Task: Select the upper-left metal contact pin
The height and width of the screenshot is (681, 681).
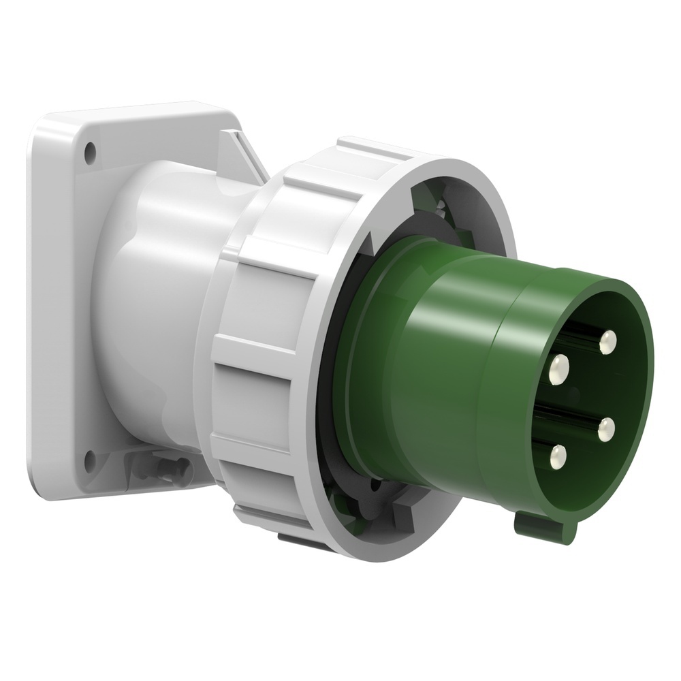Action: (x=560, y=368)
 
